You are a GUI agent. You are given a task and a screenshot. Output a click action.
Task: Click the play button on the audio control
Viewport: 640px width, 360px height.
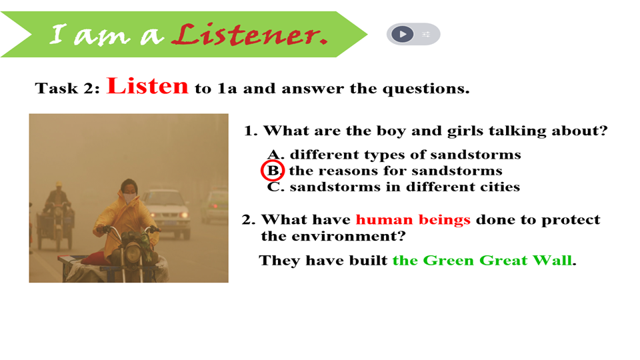click(x=403, y=34)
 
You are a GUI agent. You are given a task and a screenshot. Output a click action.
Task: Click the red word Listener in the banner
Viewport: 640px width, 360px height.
click(x=249, y=34)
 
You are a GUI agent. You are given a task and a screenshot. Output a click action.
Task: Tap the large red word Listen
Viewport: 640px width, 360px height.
click(x=147, y=86)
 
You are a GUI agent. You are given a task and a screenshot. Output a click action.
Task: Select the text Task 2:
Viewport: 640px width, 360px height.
click(x=67, y=88)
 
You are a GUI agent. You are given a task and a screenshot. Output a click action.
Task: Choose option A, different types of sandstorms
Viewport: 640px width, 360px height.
click(x=394, y=154)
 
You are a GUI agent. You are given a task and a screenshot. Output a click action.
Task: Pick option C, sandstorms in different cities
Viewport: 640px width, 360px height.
click(x=393, y=187)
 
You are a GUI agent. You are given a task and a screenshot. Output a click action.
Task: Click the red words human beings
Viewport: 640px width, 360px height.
click(x=413, y=219)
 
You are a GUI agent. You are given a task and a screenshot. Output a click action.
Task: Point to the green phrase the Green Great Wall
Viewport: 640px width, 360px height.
click(x=482, y=260)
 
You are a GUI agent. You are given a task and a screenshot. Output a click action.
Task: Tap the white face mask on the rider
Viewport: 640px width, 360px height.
click(x=129, y=199)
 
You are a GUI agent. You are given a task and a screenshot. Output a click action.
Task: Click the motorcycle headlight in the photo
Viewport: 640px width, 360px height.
click(x=132, y=253)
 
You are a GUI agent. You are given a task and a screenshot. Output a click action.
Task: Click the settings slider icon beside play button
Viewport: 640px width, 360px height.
click(x=426, y=34)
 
